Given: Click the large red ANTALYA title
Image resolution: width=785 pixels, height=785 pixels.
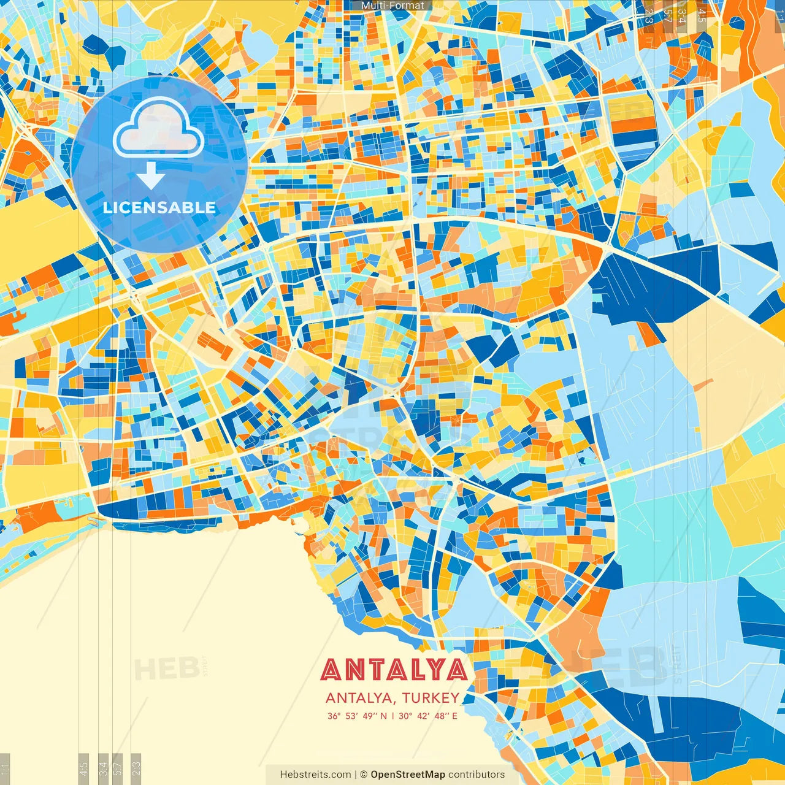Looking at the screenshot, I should click(x=394, y=670).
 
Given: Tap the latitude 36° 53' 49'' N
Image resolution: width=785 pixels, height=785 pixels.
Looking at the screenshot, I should click(x=357, y=716).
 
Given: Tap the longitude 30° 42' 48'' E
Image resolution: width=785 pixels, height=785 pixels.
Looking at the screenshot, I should click(x=428, y=716).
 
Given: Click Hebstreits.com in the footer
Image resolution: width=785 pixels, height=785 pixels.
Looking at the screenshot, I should click(x=316, y=775).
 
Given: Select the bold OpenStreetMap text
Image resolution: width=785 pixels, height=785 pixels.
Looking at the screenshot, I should click(x=408, y=775).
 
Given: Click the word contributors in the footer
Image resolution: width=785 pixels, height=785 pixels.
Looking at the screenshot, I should click(x=477, y=775).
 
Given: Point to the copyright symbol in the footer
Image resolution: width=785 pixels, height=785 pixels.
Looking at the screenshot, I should click(x=363, y=775).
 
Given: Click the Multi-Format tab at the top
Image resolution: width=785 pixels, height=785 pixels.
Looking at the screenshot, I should click(x=392, y=6).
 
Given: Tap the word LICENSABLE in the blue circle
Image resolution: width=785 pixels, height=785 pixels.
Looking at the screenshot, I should click(x=159, y=207).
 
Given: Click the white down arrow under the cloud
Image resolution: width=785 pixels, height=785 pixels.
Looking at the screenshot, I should click(x=150, y=176).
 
